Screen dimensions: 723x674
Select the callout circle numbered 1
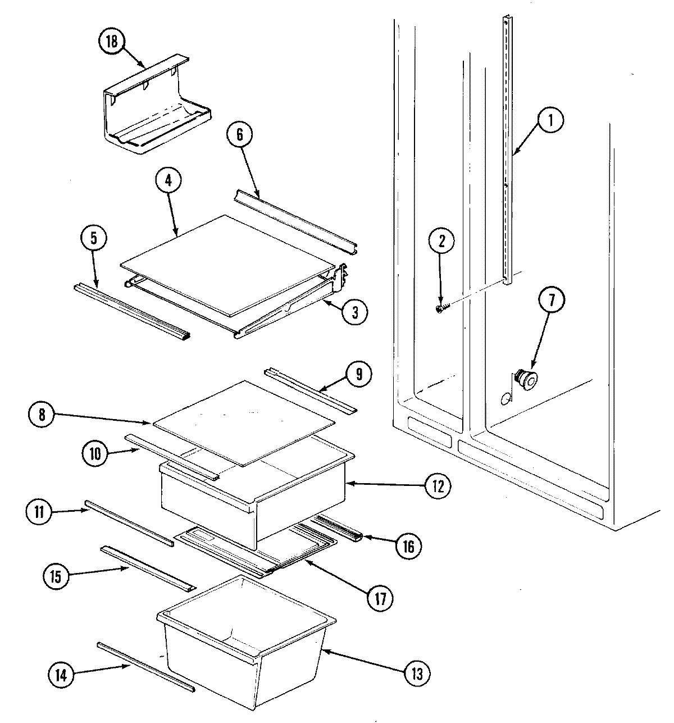coord(550,120)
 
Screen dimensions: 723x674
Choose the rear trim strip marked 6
coord(295,219)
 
